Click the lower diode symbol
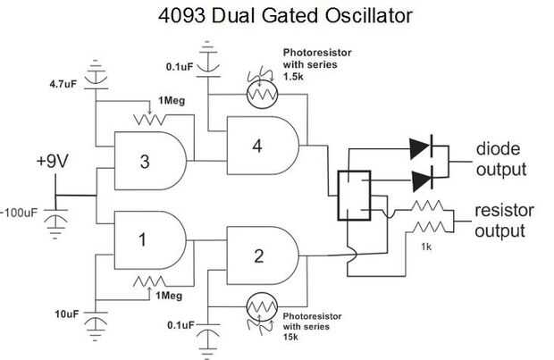point(421,180)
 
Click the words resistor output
point(502,221)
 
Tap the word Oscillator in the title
point(334,16)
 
